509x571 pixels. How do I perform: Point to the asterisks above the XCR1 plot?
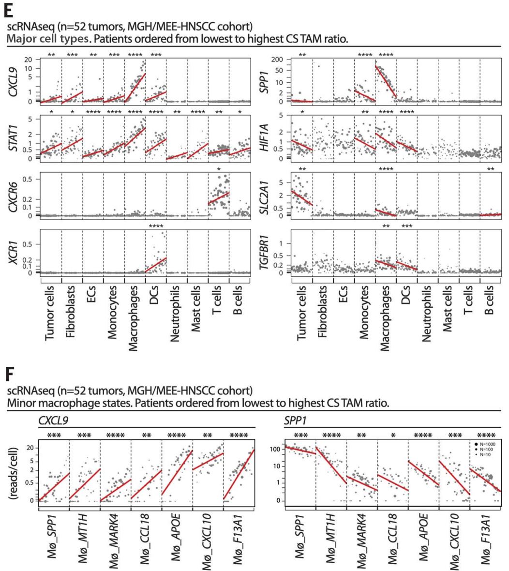point(156,226)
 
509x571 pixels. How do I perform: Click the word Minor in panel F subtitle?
point(20,403)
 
